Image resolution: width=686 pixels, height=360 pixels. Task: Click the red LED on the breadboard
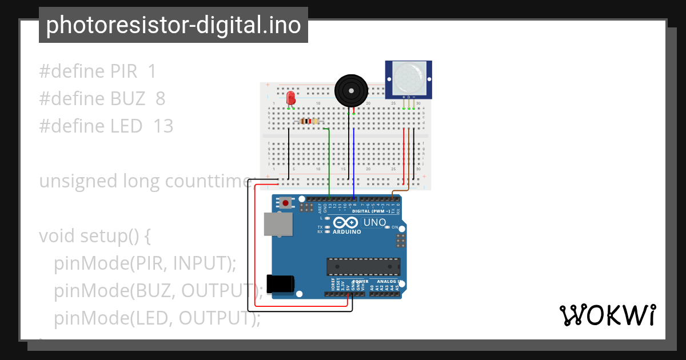290,97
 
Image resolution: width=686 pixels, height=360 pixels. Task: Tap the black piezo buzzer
350,90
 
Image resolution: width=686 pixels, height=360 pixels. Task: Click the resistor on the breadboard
309,121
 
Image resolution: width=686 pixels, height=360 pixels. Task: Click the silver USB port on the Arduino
276,224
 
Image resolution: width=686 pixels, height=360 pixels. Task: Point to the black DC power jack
281,284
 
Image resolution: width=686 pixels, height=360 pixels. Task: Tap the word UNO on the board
375,222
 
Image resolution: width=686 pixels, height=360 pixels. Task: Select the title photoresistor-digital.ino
173,25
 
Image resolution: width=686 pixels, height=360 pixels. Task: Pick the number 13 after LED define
163,126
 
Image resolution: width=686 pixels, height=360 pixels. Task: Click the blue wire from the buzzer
354,160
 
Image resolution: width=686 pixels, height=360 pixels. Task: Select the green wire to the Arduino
330,166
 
